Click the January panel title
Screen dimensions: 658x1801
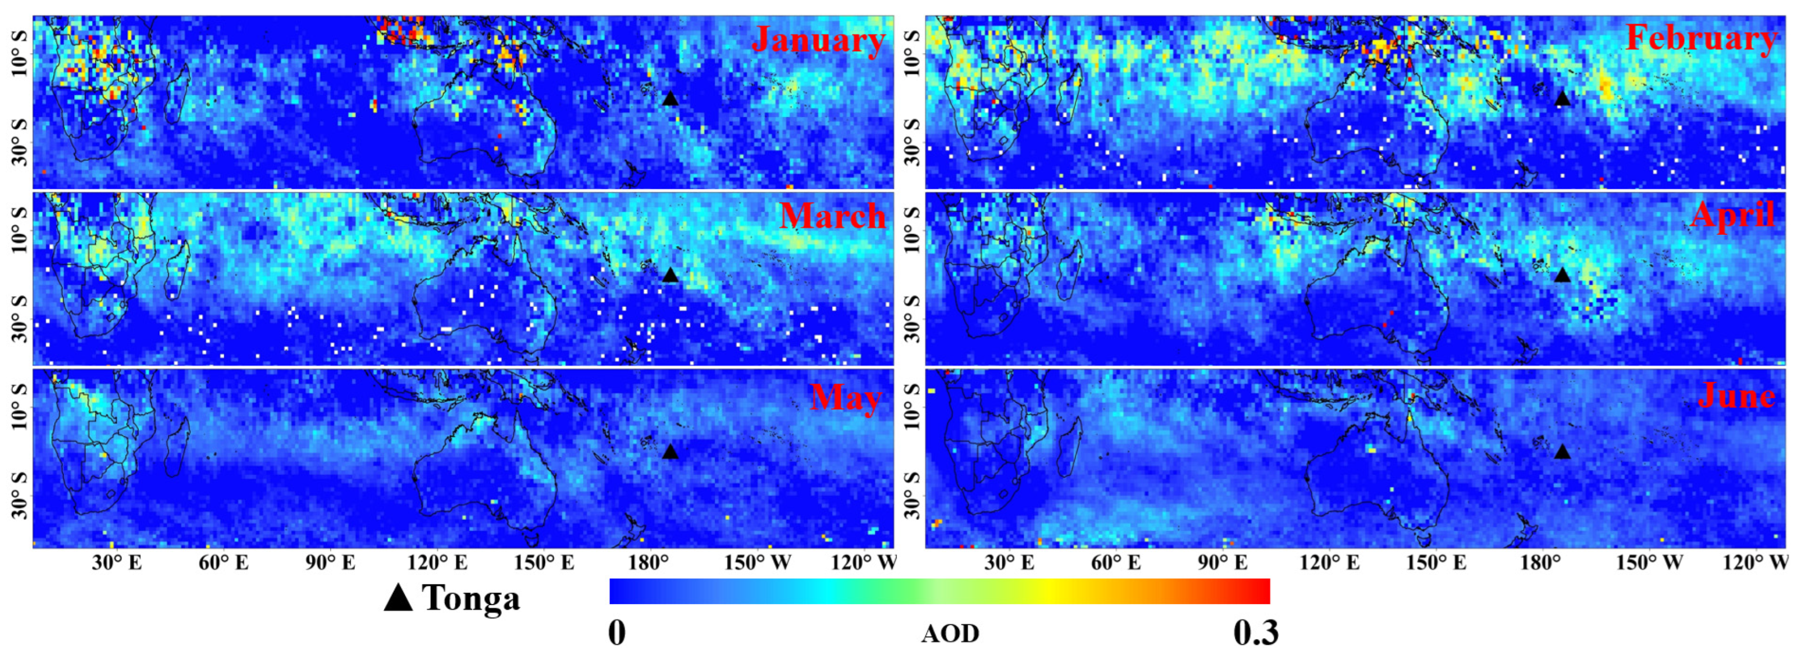click(x=819, y=40)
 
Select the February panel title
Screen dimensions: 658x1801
click(x=1701, y=38)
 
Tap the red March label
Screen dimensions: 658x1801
click(x=832, y=216)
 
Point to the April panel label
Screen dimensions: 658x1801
click(x=1732, y=214)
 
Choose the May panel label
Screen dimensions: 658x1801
click(x=845, y=398)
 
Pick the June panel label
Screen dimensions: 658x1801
click(x=1736, y=396)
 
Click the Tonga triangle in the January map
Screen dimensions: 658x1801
click(x=670, y=98)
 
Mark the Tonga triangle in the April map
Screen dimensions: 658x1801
click(x=1562, y=275)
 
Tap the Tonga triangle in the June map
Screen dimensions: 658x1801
click(x=1562, y=452)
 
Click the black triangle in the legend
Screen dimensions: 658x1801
click(x=399, y=598)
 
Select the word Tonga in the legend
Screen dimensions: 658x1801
click(x=471, y=598)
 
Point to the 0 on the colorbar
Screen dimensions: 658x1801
click(x=617, y=633)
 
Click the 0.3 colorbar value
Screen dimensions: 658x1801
click(x=1256, y=633)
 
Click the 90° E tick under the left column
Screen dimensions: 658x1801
click(x=330, y=563)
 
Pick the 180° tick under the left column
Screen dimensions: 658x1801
click(x=650, y=563)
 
